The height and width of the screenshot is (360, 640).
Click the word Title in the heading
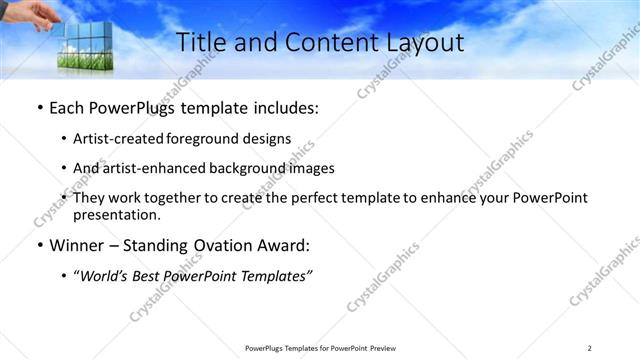(x=199, y=43)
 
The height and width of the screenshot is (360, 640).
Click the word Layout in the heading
(x=427, y=43)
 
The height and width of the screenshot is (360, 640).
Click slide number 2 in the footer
(x=589, y=347)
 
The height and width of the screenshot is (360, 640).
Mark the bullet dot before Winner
(x=38, y=246)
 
